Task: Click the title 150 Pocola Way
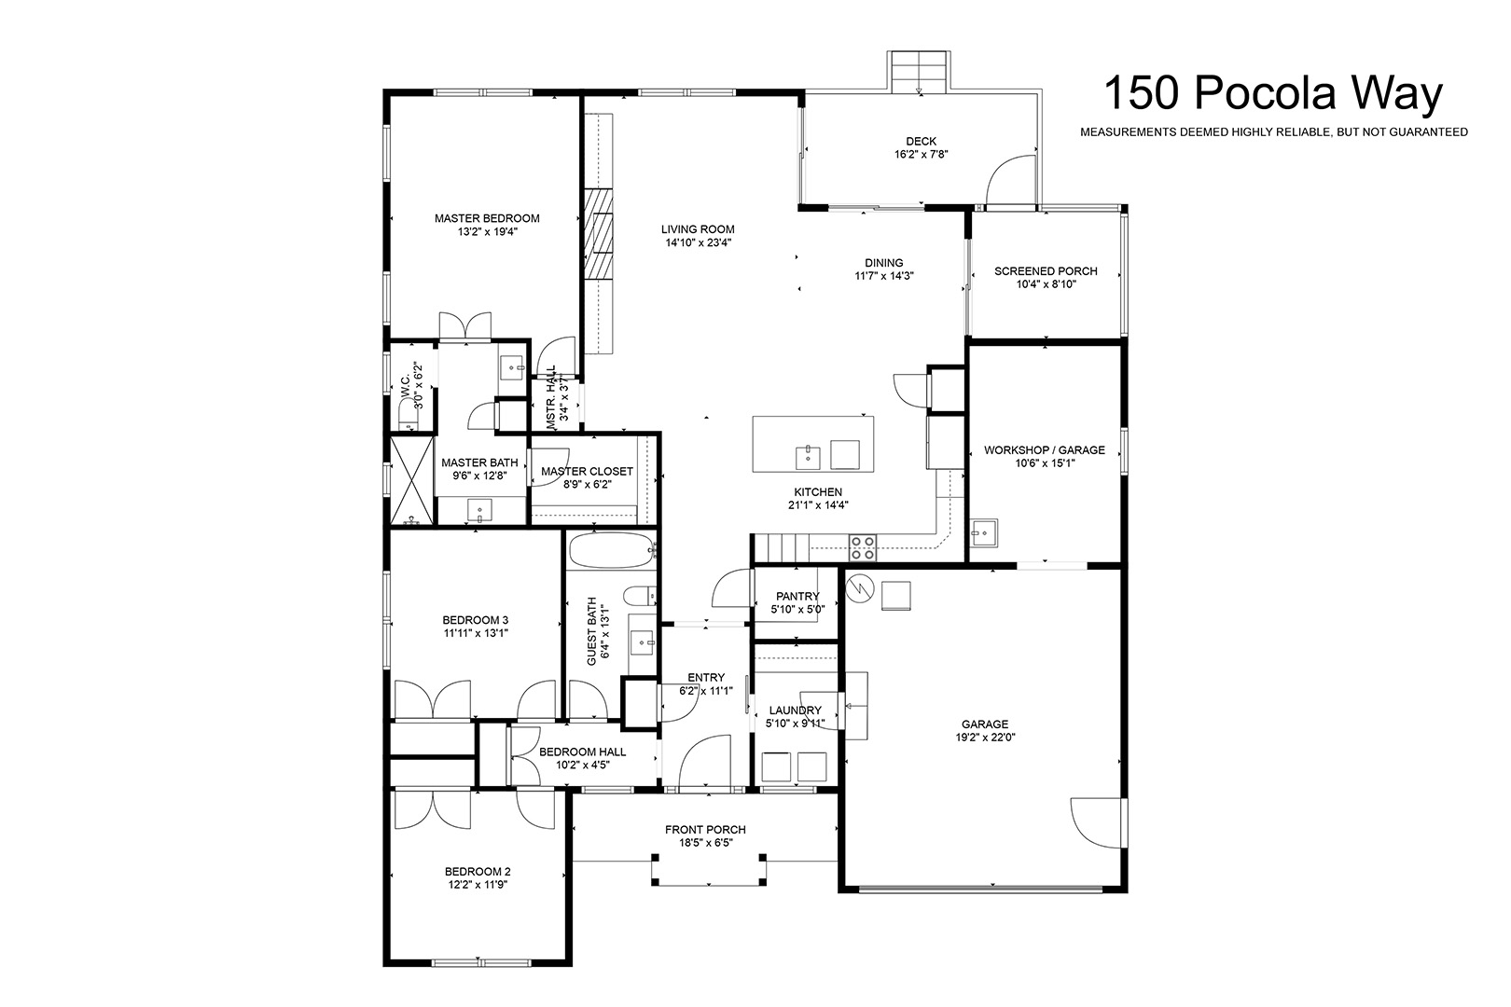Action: [1273, 93]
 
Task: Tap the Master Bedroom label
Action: [487, 218]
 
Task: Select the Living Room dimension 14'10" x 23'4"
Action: [699, 242]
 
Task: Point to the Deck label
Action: [922, 141]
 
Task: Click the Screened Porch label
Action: [1047, 271]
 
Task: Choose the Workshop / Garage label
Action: [1045, 449]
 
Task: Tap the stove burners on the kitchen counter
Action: [863, 547]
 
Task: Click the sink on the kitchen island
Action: [808, 457]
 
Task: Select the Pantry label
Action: [797, 596]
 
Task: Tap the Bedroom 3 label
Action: [476, 621]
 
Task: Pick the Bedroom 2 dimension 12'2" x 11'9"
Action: [478, 885]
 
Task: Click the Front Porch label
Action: [705, 830]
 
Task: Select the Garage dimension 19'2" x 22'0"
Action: [986, 738]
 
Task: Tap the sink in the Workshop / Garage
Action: [983, 533]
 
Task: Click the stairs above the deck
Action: [919, 72]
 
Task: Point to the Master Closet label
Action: [587, 472]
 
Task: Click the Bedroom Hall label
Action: [583, 752]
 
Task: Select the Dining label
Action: [884, 263]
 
